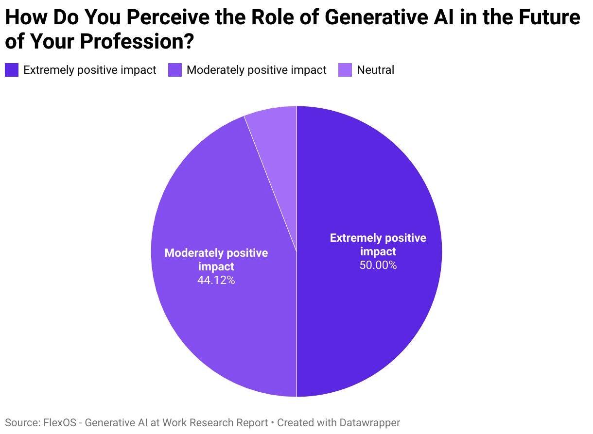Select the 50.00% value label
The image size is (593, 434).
(378, 265)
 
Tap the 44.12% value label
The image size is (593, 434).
(216, 280)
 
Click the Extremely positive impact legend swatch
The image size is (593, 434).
(12, 70)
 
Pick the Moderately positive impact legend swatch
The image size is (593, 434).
(175, 70)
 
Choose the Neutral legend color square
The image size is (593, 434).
(345, 70)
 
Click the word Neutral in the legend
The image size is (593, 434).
(375, 70)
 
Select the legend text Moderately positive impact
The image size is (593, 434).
(256, 70)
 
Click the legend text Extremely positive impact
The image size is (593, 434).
(89, 70)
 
